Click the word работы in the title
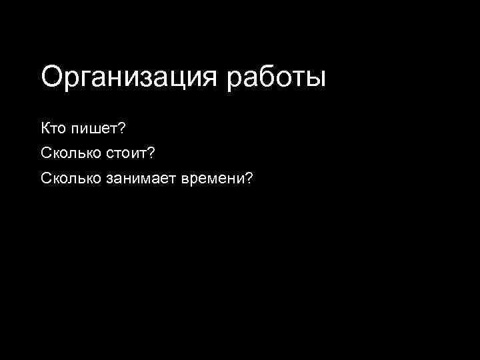tap(277, 77)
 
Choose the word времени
tap(213, 178)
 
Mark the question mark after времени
tap(249, 178)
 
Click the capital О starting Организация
tap(51, 76)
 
